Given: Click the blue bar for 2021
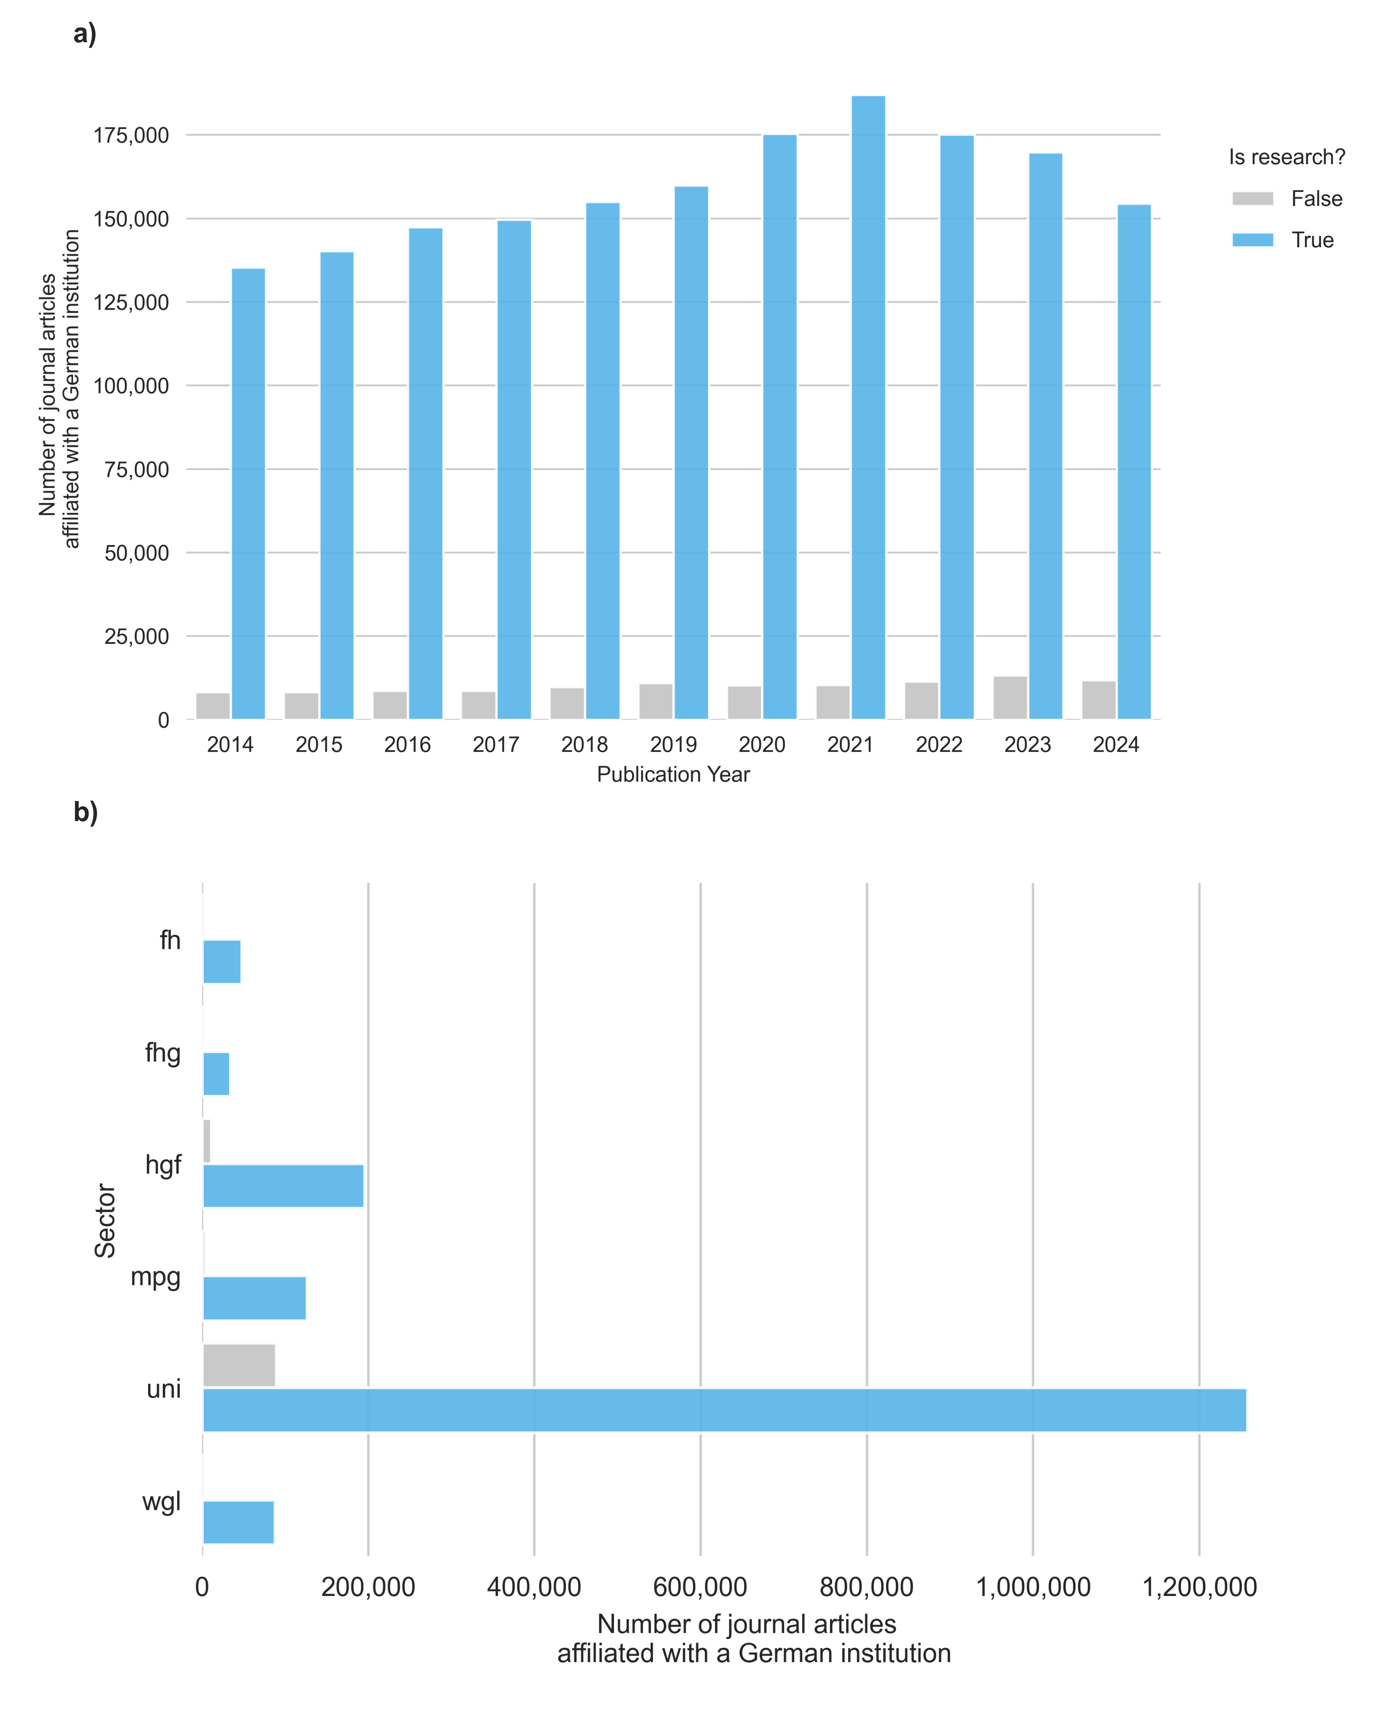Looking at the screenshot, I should (868, 407).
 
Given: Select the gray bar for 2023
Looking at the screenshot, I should (1010, 698).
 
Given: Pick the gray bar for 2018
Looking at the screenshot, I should (567, 704).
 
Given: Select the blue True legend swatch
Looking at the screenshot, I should (1253, 240).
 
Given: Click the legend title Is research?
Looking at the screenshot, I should (1286, 157).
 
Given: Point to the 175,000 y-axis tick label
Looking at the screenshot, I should (132, 135).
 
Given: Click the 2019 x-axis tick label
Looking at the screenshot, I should (673, 745).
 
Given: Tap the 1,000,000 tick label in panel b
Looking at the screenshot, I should (1033, 1587).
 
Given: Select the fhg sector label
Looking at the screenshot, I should (163, 1052).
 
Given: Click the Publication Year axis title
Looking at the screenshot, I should (673, 775).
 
